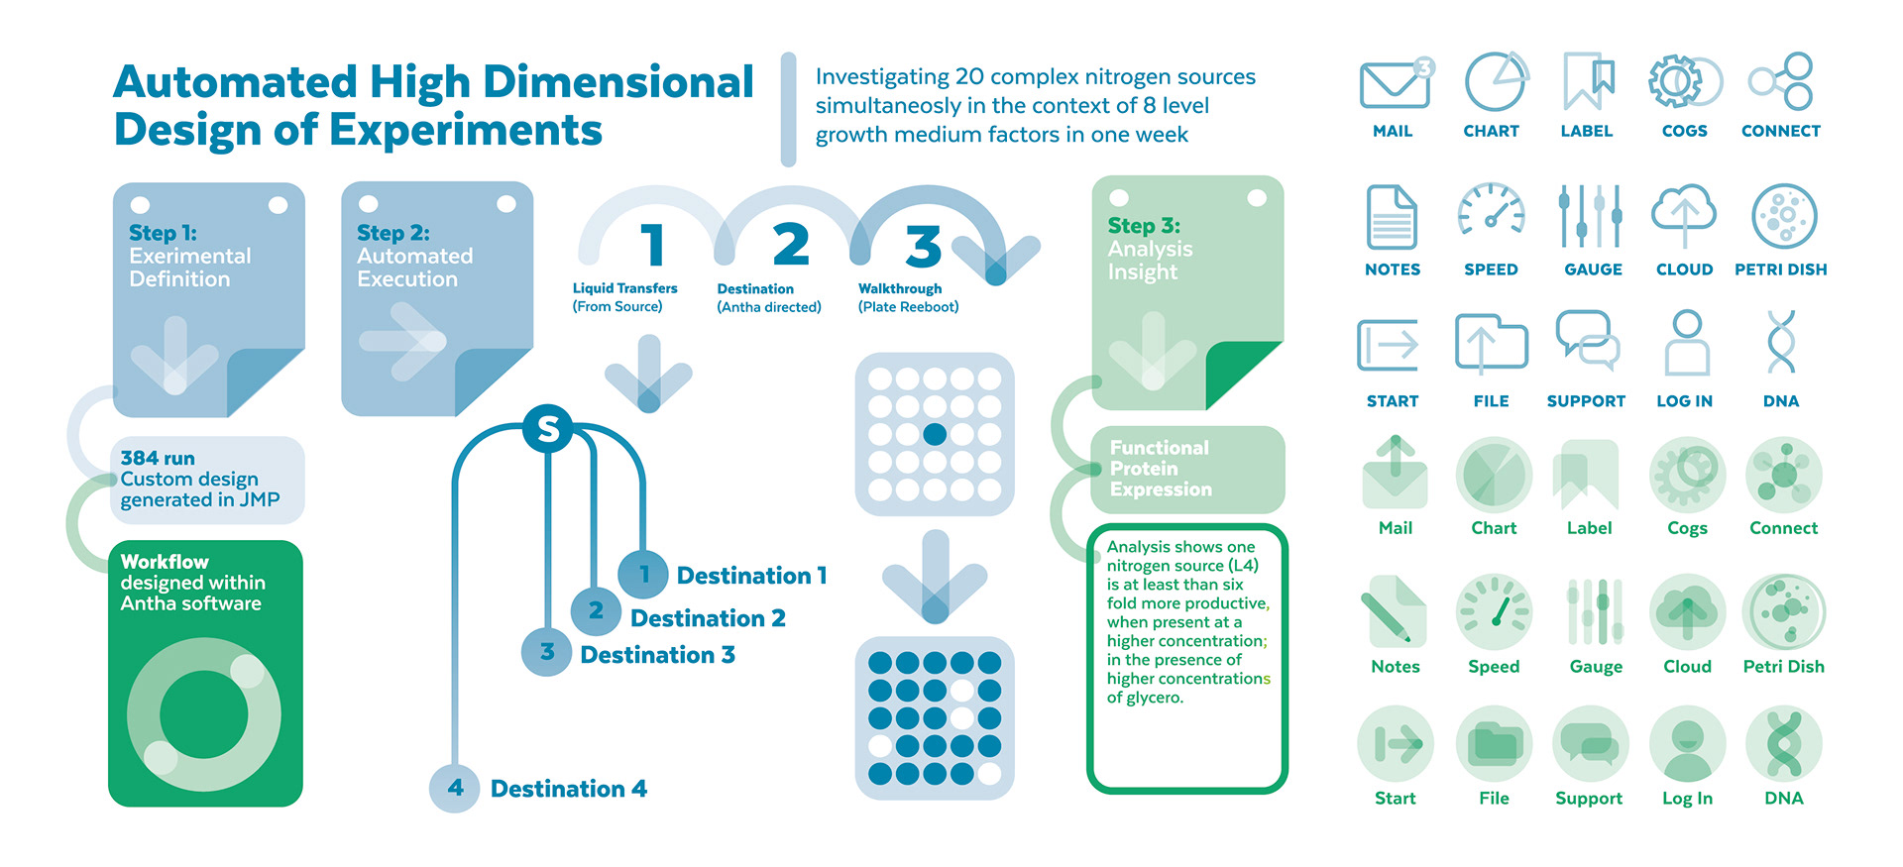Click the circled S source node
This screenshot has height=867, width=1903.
coord(548,429)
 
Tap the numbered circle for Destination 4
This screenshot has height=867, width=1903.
coord(455,788)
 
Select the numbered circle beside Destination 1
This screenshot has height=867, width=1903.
coord(643,574)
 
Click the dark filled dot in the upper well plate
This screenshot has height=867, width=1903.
coord(935,434)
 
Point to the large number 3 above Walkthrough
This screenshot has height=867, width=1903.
coord(923,246)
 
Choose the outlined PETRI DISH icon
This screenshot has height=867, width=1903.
coord(1784,215)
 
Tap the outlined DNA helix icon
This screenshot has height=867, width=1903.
coord(1781,341)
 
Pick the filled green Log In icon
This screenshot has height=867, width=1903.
coord(1687,744)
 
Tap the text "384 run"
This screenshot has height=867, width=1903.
coord(158,458)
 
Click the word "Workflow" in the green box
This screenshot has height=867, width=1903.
coord(165,562)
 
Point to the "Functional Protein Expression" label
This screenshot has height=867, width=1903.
coord(1161,468)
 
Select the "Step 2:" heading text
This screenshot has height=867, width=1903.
coord(393,233)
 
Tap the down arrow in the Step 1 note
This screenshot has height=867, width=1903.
coord(175,355)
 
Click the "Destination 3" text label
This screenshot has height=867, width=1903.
coord(657,655)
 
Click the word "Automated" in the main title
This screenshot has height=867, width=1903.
coord(235,82)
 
